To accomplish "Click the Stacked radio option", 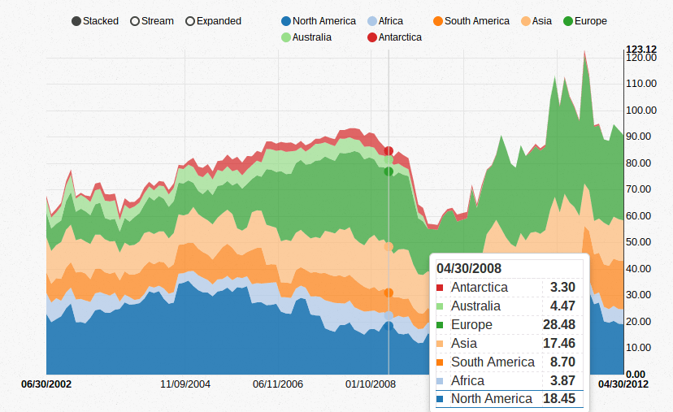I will (x=94, y=21).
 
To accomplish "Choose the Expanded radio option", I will (x=213, y=21).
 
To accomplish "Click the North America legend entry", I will (x=318, y=21).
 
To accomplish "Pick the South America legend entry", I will (x=471, y=21).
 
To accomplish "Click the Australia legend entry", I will (x=306, y=37).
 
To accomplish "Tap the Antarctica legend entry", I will (x=393, y=37).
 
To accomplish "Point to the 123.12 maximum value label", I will (x=640, y=49).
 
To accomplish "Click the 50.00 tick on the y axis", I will (x=640, y=242).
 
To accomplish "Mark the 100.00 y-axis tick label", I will (x=640, y=111).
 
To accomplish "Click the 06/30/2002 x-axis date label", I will (x=46, y=384).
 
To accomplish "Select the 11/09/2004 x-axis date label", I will (x=185, y=384).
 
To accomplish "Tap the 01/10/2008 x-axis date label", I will (x=371, y=384).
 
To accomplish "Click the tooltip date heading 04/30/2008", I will (x=469, y=268).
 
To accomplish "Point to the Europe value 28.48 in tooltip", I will (x=558, y=325).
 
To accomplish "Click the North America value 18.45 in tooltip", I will (x=558, y=398).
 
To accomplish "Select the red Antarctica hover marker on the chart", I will (x=389, y=150).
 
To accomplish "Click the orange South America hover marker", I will (x=389, y=293).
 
